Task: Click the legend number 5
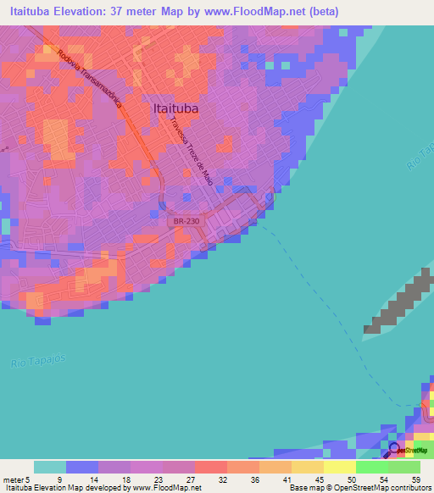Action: click(29, 479)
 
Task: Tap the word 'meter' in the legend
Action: click(13, 479)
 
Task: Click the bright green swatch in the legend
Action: click(371, 467)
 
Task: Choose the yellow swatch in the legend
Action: click(339, 467)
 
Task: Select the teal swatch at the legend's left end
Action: click(50, 467)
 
